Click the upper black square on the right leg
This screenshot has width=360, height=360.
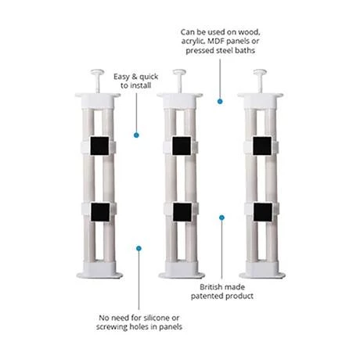click(261, 146)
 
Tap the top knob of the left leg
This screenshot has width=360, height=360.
click(98, 73)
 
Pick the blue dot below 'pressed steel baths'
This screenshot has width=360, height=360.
click(220, 99)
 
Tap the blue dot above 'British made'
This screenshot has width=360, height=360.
click(221, 218)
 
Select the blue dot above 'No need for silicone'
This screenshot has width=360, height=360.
click(139, 248)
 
